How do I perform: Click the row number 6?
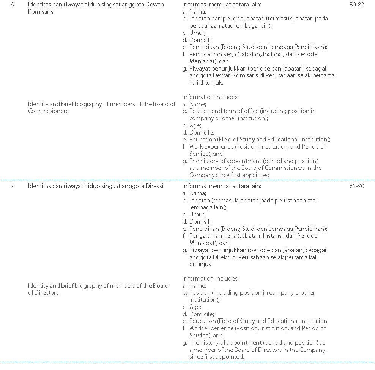(x=12, y=5)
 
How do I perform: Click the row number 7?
(x=12, y=186)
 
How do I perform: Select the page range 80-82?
(x=356, y=5)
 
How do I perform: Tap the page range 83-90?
(x=356, y=186)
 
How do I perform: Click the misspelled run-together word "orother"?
(x=304, y=293)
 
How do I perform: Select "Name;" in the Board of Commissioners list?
(x=197, y=104)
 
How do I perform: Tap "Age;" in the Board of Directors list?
(x=195, y=307)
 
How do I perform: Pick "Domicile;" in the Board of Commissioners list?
(x=202, y=133)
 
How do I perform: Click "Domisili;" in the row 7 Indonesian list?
(x=200, y=222)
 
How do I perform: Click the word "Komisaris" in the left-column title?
(x=41, y=12)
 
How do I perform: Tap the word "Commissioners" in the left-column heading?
(x=48, y=111)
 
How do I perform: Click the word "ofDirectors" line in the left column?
(x=43, y=293)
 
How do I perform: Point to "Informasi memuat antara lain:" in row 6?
(x=222, y=5)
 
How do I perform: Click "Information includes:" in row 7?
(x=210, y=279)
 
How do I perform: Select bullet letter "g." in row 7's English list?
(x=185, y=343)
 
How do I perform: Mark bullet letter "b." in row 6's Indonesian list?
(x=185, y=19)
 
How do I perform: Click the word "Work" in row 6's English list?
(x=196, y=147)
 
